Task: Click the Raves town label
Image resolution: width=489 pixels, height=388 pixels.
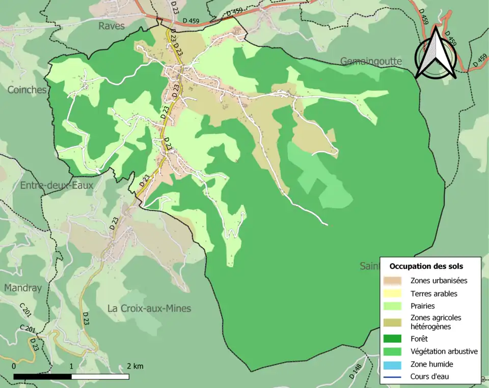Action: pyautogui.click(x=111, y=25)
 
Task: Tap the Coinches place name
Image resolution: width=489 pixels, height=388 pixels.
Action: pyautogui.click(x=27, y=89)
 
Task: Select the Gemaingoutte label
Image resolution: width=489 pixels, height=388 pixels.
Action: pyautogui.click(x=371, y=62)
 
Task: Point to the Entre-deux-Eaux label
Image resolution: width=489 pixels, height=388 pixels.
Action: pyautogui.click(x=57, y=185)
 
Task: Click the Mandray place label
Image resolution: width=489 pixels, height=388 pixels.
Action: pyautogui.click(x=23, y=288)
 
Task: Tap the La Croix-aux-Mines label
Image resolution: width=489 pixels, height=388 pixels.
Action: pyautogui.click(x=149, y=308)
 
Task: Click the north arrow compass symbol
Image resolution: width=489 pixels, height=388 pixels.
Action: pyautogui.click(x=435, y=55)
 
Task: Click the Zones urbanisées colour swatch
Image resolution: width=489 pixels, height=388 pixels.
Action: pyautogui.click(x=393, y=280)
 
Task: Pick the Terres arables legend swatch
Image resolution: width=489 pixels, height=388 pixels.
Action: pyautogui.click(x=393, y=293)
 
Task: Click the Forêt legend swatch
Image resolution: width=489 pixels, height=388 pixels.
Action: pyautogui.click(x=393, y=338)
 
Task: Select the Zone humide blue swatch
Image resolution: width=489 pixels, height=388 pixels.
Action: pyautogui.click(x=393, y=364)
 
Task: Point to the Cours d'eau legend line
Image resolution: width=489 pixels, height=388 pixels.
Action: pyautogui.click(x=393, y=377)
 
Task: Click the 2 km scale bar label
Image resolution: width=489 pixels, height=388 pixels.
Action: pyautogui.click(x=135, y=366)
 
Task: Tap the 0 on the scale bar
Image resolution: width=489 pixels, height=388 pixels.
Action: pyautogui.click(x=14, y=366)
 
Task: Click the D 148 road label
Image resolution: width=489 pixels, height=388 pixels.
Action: pyautogui.click(x=358, y=374)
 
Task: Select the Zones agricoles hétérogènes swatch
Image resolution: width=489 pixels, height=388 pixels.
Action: pyautogui.click(x=393, y=322)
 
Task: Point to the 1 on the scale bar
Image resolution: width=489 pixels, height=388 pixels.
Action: pyautogui.click(x=71, y=366)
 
